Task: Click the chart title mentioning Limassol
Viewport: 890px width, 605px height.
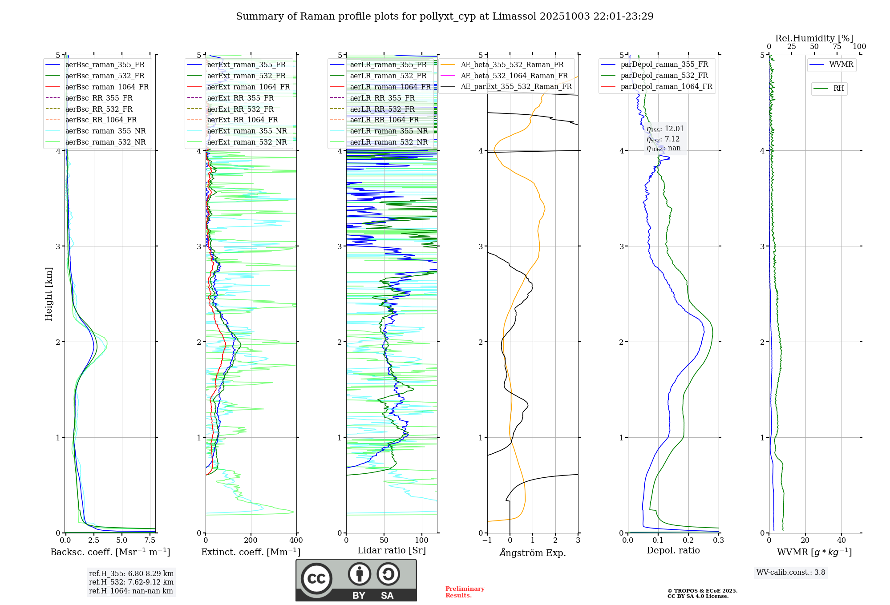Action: pyautogui.click(x=445, y=16)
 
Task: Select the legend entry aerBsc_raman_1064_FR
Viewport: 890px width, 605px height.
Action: pyautogui.click(x=107, y=87)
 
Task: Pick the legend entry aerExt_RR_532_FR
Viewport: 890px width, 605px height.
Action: pyautogui.click(x=240, y=109)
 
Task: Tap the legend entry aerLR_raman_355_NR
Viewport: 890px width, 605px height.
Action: pyautogui.click(x=388, y=131)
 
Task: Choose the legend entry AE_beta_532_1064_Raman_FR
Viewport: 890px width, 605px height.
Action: pyautogui.click(x=514, y=76)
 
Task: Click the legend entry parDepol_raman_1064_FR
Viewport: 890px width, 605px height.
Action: pyautogui.click(x=666, y=86)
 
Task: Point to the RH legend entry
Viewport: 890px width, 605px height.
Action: pyautogui.click(x=838, y=89)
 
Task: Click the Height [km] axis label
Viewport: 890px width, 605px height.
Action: pyautogui.click(x=49, y=294)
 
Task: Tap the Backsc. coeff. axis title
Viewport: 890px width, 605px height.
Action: pyautogui.click(x=110, y=552)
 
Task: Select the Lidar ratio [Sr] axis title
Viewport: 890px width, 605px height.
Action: pyautogui.click(x=391, y=550)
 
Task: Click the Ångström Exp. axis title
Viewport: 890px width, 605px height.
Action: pyautogui.click(x=533, y=553)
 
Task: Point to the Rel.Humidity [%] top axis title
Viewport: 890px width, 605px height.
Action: pyautogui.click(x=814, y=38)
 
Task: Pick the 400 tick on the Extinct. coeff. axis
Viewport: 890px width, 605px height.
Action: pyautogui.click(x=296, y=540)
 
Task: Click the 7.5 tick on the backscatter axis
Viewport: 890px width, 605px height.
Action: pyautogui.click(x=150, y=540)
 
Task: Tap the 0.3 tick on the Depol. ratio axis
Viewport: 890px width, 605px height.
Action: pyautogui.click(x=718, y=540)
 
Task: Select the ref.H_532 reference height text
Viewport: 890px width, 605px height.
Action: pyautogui.click(x=131, y=582)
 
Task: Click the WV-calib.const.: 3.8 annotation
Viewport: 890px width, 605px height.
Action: pyautogui.click(x=791, y=573)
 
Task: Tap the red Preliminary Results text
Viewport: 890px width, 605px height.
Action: pyautogui.click(x=465, y=592)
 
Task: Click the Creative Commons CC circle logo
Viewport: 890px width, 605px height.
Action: pyautogui.click(x=316, y=579)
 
